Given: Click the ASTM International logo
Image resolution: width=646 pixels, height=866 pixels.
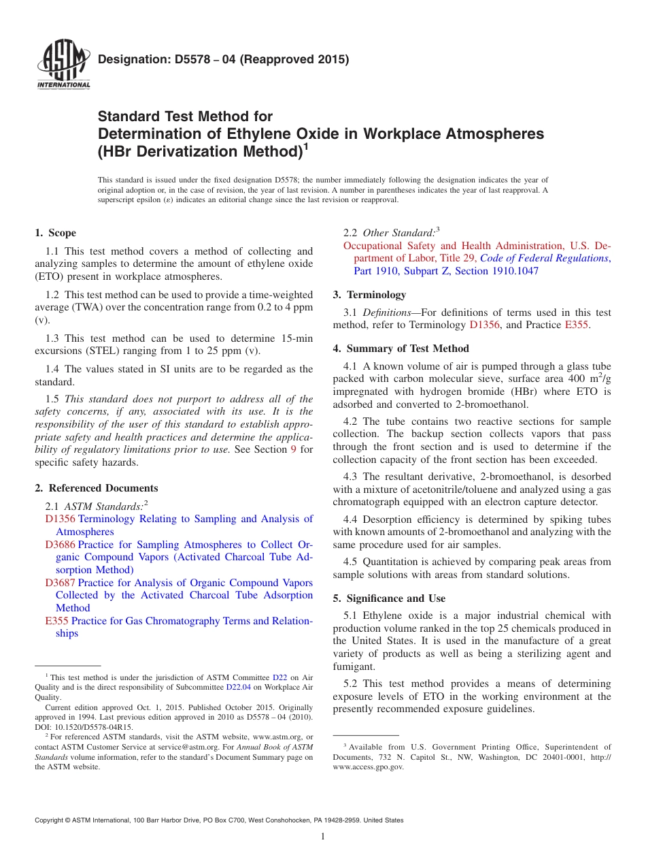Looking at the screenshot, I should [63, 65].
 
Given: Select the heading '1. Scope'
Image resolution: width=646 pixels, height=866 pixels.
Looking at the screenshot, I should [55, 233].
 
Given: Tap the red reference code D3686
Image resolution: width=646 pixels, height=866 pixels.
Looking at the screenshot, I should [60, 545].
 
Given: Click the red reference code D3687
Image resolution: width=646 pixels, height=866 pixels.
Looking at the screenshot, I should [60, 583].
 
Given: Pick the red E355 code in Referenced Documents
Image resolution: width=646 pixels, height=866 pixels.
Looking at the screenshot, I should [56, 621].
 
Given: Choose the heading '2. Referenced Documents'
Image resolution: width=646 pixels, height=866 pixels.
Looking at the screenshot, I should [97, 488].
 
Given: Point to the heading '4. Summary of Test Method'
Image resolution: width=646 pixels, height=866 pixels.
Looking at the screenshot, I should [401, 349].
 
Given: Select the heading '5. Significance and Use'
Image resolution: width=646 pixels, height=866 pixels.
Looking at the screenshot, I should [389, 598].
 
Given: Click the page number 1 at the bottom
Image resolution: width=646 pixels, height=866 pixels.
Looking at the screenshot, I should [323, 837].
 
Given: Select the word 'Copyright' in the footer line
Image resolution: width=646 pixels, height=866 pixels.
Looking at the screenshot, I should [50, 820].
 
